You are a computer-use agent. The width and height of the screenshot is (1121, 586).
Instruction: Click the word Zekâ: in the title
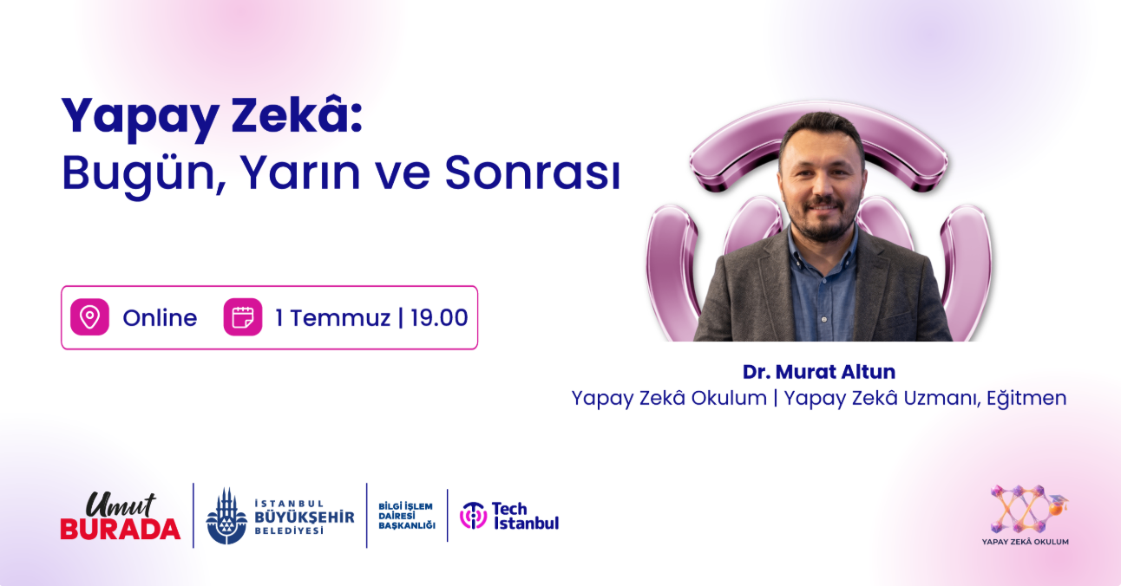point(296,115)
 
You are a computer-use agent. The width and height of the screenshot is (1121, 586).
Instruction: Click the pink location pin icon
point(89,317)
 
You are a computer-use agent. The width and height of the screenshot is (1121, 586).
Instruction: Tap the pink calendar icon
point(243,317)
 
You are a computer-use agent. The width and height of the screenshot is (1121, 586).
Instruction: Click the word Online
point(160,318)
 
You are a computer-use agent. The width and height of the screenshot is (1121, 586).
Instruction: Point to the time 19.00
point(439,318)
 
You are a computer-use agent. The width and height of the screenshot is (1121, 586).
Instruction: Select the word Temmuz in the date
point(340,318)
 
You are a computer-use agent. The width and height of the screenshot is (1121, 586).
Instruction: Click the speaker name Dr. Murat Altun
point(819,372)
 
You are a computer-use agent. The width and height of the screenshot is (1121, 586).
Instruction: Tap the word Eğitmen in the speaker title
point(1026,399)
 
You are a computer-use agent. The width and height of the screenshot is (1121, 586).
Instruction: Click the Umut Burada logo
point(120,516)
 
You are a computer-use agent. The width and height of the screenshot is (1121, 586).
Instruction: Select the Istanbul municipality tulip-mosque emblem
point(226,516)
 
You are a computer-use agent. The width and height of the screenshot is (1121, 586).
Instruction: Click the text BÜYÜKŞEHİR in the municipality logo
point(305,517)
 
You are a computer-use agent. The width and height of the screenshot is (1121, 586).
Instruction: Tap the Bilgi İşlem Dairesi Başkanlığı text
point(407,516)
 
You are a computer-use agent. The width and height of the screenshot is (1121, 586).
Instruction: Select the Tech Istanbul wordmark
point(526,516)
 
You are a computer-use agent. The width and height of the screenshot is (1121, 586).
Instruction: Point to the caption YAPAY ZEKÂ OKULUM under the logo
point(1026,542)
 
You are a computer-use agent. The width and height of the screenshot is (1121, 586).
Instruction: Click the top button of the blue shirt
point(824,319)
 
